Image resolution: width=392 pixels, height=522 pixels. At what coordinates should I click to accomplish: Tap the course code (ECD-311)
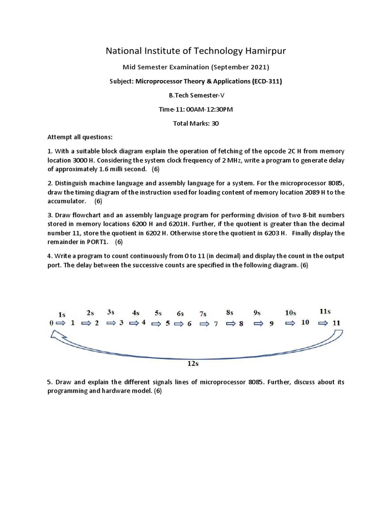coord(268,81)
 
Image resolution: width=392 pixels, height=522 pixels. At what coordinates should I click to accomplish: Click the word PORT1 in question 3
coord(97,242)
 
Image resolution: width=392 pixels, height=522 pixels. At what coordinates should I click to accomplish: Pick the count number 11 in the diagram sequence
coord(336,323)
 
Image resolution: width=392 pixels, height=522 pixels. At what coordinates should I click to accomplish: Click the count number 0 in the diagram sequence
coord(51,323)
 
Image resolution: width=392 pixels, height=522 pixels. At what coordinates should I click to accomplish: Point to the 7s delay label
coord(203,314)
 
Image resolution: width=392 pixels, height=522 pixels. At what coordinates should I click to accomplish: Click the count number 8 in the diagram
coord(241,323)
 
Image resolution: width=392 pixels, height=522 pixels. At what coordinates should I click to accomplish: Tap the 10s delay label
coord(290,313)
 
